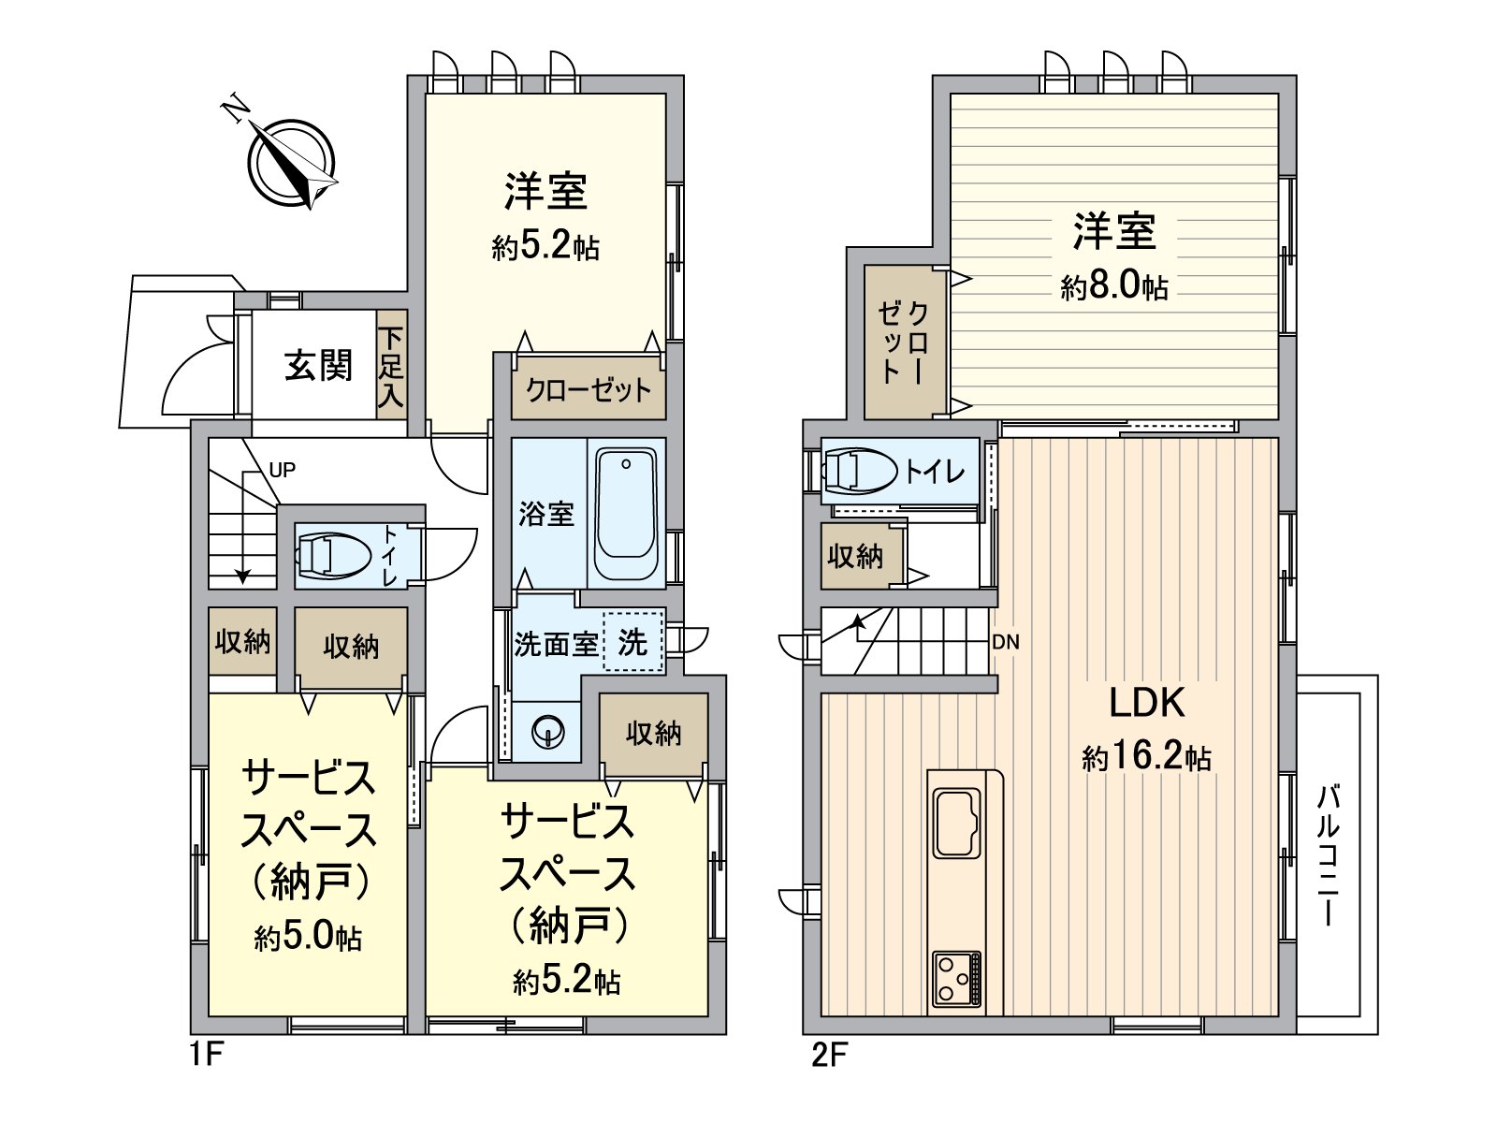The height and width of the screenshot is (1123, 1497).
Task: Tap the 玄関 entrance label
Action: click(x=318, y=365)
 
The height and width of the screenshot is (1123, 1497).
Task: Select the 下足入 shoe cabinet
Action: click(x=391, y=366)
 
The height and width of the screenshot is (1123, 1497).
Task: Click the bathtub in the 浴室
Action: click(x=626, y=515)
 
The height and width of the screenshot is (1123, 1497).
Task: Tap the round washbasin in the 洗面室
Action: click(x=545, y=731)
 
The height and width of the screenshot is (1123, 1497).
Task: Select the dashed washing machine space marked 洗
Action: click(x=633, y=642)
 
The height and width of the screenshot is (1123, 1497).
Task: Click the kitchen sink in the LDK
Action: click(x=955, y=824)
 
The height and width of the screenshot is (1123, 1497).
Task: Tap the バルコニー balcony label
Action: click(x=1328, y=855)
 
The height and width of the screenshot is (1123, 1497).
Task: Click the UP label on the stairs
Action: click(x=282, y=470)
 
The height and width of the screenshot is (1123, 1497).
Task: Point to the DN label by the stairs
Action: click(x=1006, y=642)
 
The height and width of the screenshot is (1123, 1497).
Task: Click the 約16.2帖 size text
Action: click(x=1146, y=757)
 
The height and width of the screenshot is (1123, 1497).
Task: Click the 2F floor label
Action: click(x=828, y=1057)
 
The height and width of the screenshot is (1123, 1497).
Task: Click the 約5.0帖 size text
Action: click(x=308, y=937)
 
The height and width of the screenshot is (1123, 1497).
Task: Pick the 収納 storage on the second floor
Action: click(x=855, y=556)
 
